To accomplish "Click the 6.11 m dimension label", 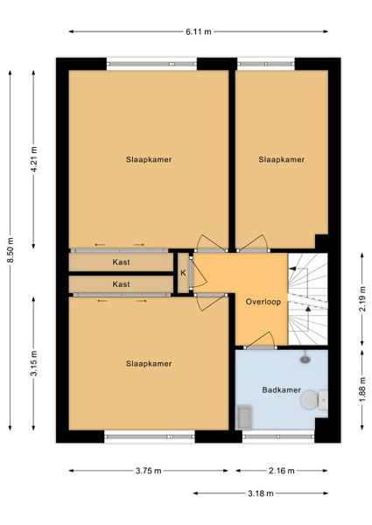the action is [199, 31].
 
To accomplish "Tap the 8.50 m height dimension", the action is [11, 249].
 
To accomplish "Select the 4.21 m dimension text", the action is [34, 159].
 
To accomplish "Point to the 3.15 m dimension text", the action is [34, 363].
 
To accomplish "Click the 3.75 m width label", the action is [148, 471].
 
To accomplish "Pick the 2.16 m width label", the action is [282, 471].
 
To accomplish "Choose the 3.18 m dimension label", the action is [261, 493].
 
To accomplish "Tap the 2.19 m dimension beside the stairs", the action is [362, 299].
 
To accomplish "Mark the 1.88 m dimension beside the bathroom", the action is [362, 390].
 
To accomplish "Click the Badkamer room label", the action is [281, 390].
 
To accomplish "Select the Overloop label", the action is [263, 302].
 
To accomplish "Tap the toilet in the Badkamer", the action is [314, 400].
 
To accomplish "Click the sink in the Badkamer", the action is [243, 417].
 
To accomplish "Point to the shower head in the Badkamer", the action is [305, 359].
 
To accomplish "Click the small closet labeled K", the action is [183, 273].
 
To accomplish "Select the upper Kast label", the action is [121, 262].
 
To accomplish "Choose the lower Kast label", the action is [121, 284].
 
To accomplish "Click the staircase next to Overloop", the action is [308, 298].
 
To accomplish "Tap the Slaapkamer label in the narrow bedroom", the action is [281, 159].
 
